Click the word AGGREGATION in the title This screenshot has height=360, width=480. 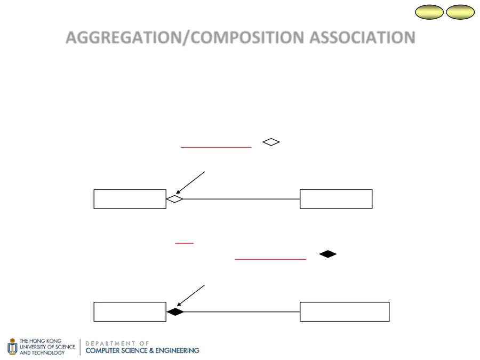click(x=123, y=38)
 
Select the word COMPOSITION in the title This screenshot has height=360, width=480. click(x=247, y=38)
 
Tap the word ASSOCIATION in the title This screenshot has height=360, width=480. click(x=362, y=38)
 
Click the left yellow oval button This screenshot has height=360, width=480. click(x=429, y=12)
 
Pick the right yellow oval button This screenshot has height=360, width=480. click(x=460, y=12)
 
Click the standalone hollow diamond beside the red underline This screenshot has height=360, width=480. click(x=271, y=142)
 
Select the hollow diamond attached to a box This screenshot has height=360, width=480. click(x=174, y=199)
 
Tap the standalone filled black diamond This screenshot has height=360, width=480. click(x=327, y=254)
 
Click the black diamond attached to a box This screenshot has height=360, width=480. click(x=175, y=311)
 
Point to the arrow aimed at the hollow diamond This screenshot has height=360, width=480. click(x=190, y=183)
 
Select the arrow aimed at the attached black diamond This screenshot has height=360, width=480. click(x=191, y=295)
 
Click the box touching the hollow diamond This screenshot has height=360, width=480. click(x=130, y=199)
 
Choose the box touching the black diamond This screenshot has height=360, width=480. click(x=130, y=311)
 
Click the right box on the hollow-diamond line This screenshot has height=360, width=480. click(x=336, y=199)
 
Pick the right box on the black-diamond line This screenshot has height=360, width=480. click(x=345, y=311)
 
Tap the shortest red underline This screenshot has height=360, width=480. click(x=185, y=243)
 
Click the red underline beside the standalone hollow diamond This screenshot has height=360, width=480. click(x=216, y=147)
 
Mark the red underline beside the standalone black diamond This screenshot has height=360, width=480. click(x=270, y=259)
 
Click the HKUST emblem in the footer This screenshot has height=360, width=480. click(x=12, y=347)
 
